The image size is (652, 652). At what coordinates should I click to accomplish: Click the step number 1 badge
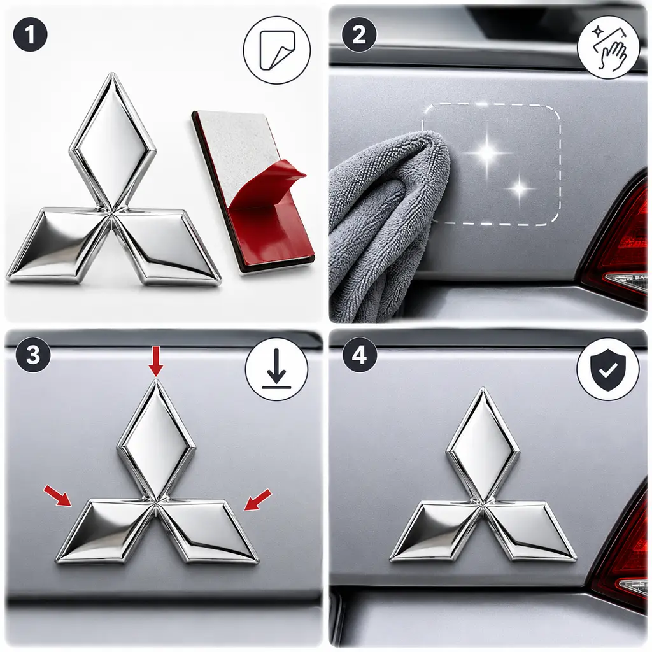pos(30,34)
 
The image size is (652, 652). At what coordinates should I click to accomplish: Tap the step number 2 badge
pos(359,34)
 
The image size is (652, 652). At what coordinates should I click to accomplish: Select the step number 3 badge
pos(33,355)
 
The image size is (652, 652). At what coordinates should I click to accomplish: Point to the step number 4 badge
pos(359,355)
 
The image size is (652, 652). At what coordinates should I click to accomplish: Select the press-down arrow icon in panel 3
pos(276,369)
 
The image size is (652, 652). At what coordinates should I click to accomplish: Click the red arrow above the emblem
pos(156,362)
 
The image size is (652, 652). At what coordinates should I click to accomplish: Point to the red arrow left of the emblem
pos(57,495)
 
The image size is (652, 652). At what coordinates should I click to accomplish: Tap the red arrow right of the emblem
pos(257,499)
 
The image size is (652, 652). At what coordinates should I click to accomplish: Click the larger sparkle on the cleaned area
pos(488,153)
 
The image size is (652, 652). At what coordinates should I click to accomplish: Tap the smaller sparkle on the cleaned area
pos(520,188)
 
